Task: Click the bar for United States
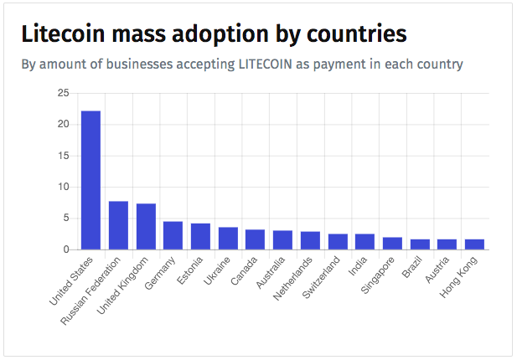[91, 180]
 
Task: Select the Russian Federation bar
[118, 225]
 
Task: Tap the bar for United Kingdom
[146, 227]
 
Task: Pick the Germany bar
[173, 235]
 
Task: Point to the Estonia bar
[200, 236]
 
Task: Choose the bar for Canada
[256, 239]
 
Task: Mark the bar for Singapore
[392, 244]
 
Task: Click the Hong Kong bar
[474, 244]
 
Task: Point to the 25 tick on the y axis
[63, 93]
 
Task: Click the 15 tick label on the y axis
[63, 156]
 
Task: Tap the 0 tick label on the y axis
[66, 249]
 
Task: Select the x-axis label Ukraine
[216, 270]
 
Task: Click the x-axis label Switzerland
[321, 277]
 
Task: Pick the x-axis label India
[358, 265]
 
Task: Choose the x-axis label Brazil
[411, 267]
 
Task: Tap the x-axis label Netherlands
[292, 278]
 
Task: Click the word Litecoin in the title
[63, 33]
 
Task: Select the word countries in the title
[357, 34]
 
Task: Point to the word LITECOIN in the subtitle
[266, 64]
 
